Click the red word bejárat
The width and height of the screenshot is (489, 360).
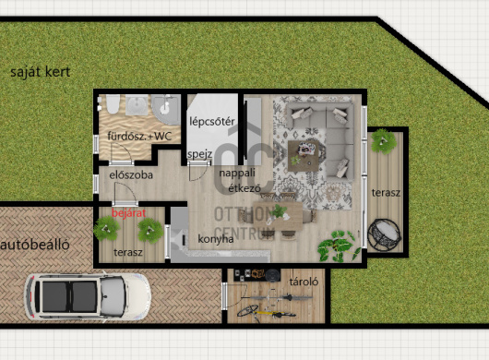(x=128, y=213)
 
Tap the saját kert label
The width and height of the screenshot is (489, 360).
(x=40, y=72)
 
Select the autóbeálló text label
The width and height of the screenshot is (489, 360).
(x=35, y=245)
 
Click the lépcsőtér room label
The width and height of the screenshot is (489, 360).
(x=212, y=121)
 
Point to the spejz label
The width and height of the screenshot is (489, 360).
(x=200, y=154)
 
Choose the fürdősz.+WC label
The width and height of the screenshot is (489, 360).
(x=139, y=136)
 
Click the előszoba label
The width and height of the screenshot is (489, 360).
(x=131, y=175)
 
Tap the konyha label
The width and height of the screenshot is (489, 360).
(x=216, y=239)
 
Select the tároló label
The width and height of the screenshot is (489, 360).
(x=304, y=282)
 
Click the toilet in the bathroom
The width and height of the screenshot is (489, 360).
(x=113, y=104)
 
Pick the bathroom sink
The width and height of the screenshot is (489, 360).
(x=137, y=105)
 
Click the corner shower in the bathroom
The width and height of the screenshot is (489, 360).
(x=166, y=108)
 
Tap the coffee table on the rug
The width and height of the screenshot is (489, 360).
(x=304, y=156)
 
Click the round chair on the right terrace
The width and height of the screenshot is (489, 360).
(x=384, y=234)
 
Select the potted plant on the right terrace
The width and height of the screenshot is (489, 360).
(x=384, y=141)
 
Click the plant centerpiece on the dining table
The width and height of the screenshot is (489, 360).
(x=278, y=212)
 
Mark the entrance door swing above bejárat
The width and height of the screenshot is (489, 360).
(x=125, y=193)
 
